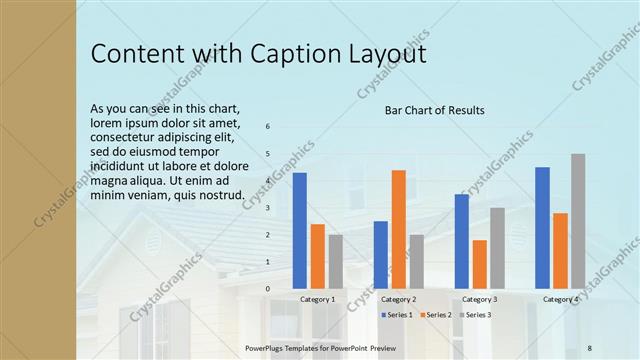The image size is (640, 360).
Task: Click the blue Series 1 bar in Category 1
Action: [x=299, y=230]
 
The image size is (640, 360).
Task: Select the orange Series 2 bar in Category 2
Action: [x=399, y=229]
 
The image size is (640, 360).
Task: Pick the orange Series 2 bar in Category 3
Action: [x=480, y=264]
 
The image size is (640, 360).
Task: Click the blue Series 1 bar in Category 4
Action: [x=542, y=227]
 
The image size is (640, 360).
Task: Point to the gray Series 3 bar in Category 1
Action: [x=335, y=261]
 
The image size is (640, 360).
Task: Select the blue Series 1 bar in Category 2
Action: [x=381, y=254]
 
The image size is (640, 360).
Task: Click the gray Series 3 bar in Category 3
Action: [x=497, y=248]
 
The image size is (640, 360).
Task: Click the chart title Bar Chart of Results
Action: [x=435, y=110]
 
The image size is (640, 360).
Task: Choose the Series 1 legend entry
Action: [x=397, y=315]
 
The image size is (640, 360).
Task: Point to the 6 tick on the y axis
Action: [x=267, y=126]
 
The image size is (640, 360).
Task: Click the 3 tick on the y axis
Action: [x=267, y=207]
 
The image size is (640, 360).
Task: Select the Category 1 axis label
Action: [x=318, y=299]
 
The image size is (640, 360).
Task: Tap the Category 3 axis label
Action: [x=479, y=299]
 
